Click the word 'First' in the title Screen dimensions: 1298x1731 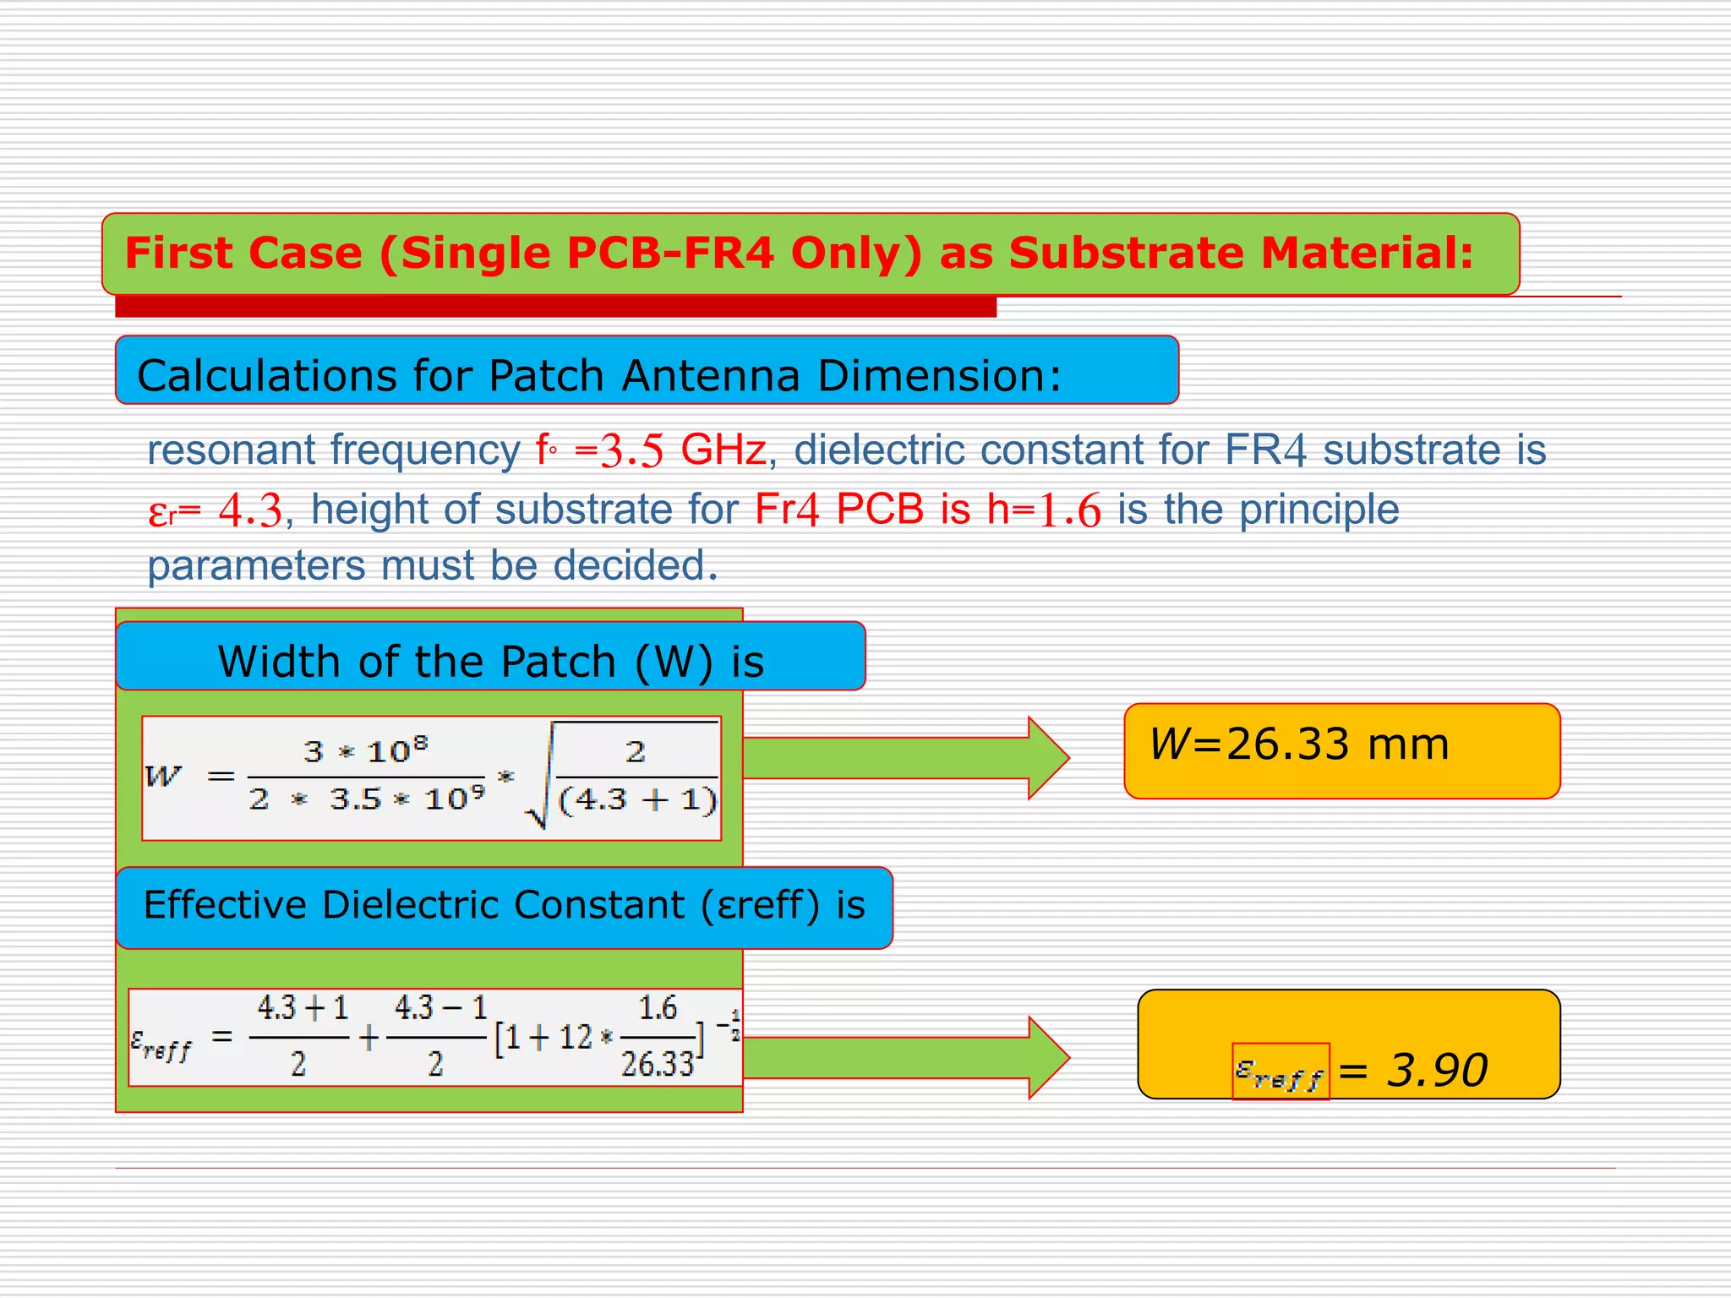coord(178,253)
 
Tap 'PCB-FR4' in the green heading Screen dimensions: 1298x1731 coord(669,253)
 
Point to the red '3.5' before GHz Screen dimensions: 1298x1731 coord(631,450)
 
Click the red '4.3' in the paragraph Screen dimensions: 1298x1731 coord(249,510)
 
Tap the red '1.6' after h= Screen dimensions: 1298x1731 coord(1069,510)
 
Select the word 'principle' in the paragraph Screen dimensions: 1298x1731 coord(1319,510)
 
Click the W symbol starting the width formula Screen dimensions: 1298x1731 coord(164,776)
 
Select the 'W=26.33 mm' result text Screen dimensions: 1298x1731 coord(1299,744)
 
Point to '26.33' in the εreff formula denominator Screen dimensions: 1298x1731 coord(657,1064)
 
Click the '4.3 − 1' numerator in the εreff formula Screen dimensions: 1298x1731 coord(440,1007)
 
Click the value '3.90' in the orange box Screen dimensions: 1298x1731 coord(1437,1070)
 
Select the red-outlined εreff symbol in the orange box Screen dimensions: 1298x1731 coord(1281,1072)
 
